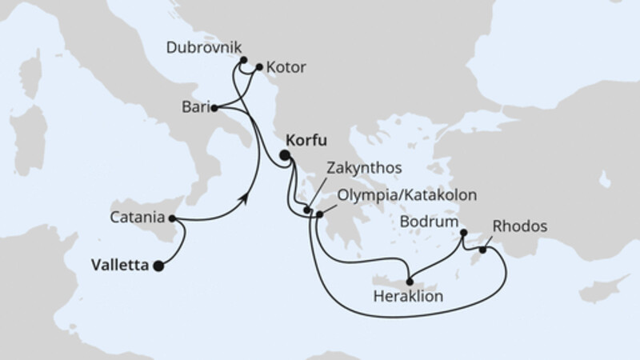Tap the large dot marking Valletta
pos(158,266)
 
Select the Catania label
pos(138,217)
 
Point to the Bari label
pos(195,106)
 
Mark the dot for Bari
pos(217,107)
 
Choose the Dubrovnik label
pos(203,48)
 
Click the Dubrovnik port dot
pos(242,59)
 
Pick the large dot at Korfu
pos(285,158)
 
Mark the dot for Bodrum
pos(464,234)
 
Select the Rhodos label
pos(520,226)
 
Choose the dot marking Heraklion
pos(410,281)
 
